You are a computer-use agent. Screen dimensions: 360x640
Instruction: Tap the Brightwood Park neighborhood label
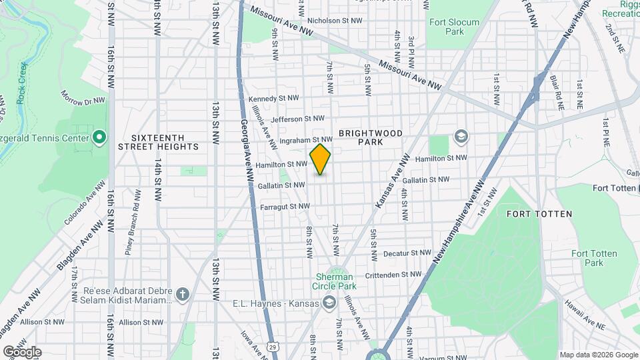point(371,137)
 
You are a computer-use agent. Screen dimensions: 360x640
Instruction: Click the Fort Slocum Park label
point(454,27)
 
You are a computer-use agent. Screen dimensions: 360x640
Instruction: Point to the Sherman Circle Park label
point(337,286)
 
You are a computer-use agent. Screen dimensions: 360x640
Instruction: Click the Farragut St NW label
point(285,207)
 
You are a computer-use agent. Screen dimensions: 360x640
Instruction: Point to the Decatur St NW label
point(408,253)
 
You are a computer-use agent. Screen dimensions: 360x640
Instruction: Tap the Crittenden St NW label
point(394,275)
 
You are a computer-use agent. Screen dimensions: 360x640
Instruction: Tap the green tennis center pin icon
point(99,138)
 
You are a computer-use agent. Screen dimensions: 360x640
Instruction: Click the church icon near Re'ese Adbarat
point(183,294)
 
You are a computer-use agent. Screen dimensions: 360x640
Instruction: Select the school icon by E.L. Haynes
point(328,303)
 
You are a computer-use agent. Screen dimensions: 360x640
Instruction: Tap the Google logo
point(22,351)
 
